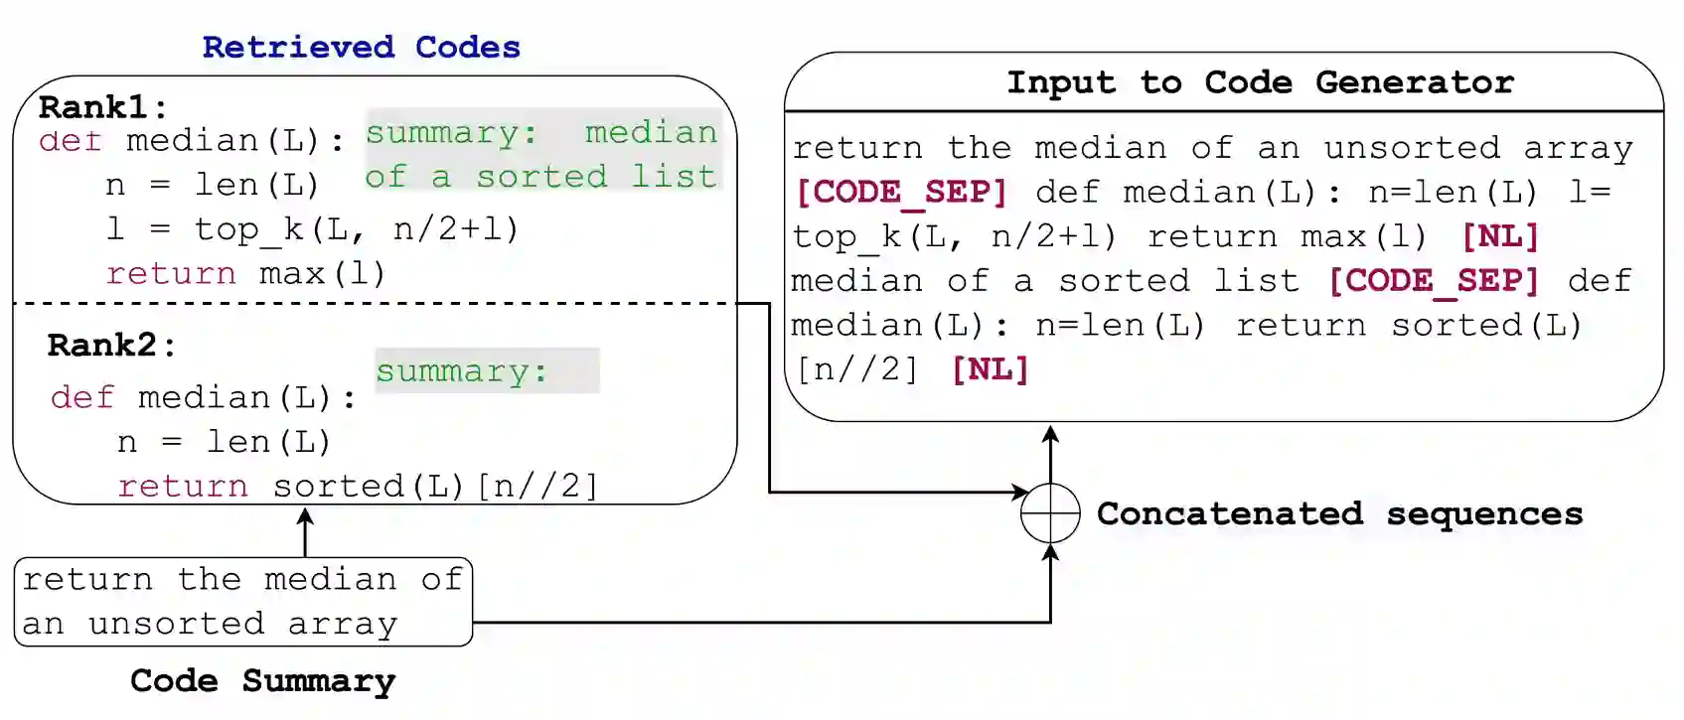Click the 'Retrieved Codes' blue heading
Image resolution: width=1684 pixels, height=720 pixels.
point(361,47)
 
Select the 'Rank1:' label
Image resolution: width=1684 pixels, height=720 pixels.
point(102,106)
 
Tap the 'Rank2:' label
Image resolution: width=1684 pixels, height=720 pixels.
point(110,345)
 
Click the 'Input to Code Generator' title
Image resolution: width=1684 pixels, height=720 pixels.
point(1260,82)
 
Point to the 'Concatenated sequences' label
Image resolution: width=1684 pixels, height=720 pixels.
point(1339,513)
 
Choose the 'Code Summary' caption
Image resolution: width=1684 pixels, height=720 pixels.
point(262,680)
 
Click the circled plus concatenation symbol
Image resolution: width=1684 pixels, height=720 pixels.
point(1050,513)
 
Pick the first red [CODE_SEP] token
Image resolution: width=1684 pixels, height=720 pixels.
point(902,192)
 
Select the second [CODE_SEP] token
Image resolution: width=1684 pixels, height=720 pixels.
point(1434,281)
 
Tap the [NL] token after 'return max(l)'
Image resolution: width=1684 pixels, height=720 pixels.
point(1500,236)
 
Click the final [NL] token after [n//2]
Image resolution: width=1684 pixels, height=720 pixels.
point(990,369)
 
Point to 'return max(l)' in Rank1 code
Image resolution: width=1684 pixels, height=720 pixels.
point(245,273)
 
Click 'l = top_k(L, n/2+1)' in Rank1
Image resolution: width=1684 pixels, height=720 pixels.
point(312,229)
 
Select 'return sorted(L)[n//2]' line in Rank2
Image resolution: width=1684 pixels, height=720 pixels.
point(358,486)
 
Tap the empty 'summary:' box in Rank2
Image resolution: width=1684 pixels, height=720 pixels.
point(487,370)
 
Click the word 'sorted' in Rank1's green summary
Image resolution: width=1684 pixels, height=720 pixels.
point(541,177)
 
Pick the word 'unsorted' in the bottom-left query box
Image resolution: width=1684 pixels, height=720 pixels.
point(176,624)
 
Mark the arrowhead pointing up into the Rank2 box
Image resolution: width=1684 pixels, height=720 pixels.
point(305,517)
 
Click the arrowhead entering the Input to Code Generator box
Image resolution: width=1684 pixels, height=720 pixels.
point(1050,434)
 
